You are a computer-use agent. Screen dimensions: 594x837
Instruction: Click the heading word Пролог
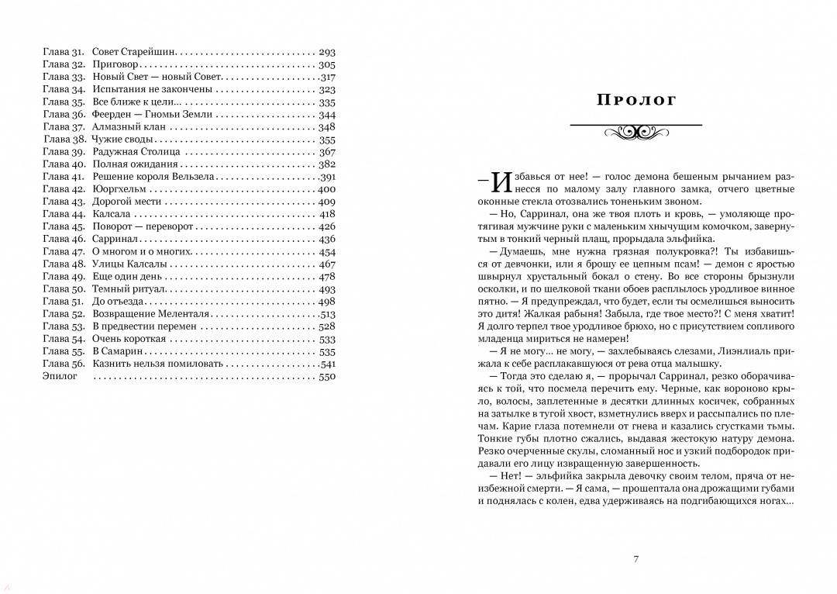coord(636,100)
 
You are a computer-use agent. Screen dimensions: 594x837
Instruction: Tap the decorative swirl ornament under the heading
coord(635,133)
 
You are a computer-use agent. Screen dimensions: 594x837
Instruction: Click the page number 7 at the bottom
coord(635,560)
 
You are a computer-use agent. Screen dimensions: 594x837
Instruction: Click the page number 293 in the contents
coord(326,52)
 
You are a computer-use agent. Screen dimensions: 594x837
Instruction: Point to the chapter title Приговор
coord(115,64)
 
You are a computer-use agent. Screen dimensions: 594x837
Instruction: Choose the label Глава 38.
coord(64,140)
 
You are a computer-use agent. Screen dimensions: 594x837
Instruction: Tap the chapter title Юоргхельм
coord(120,189)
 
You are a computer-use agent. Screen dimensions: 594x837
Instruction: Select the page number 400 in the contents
coord(326,189)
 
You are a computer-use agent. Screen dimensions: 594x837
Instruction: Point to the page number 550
coord(326,376)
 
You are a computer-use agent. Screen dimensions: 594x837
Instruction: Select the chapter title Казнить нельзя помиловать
coord(157,364)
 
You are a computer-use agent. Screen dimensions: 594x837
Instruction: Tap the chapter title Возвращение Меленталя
coord(151,314)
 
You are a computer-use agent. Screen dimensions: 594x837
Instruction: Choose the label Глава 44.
coord(64,214)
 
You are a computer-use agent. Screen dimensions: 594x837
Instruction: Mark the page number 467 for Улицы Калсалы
coord(326,264)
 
